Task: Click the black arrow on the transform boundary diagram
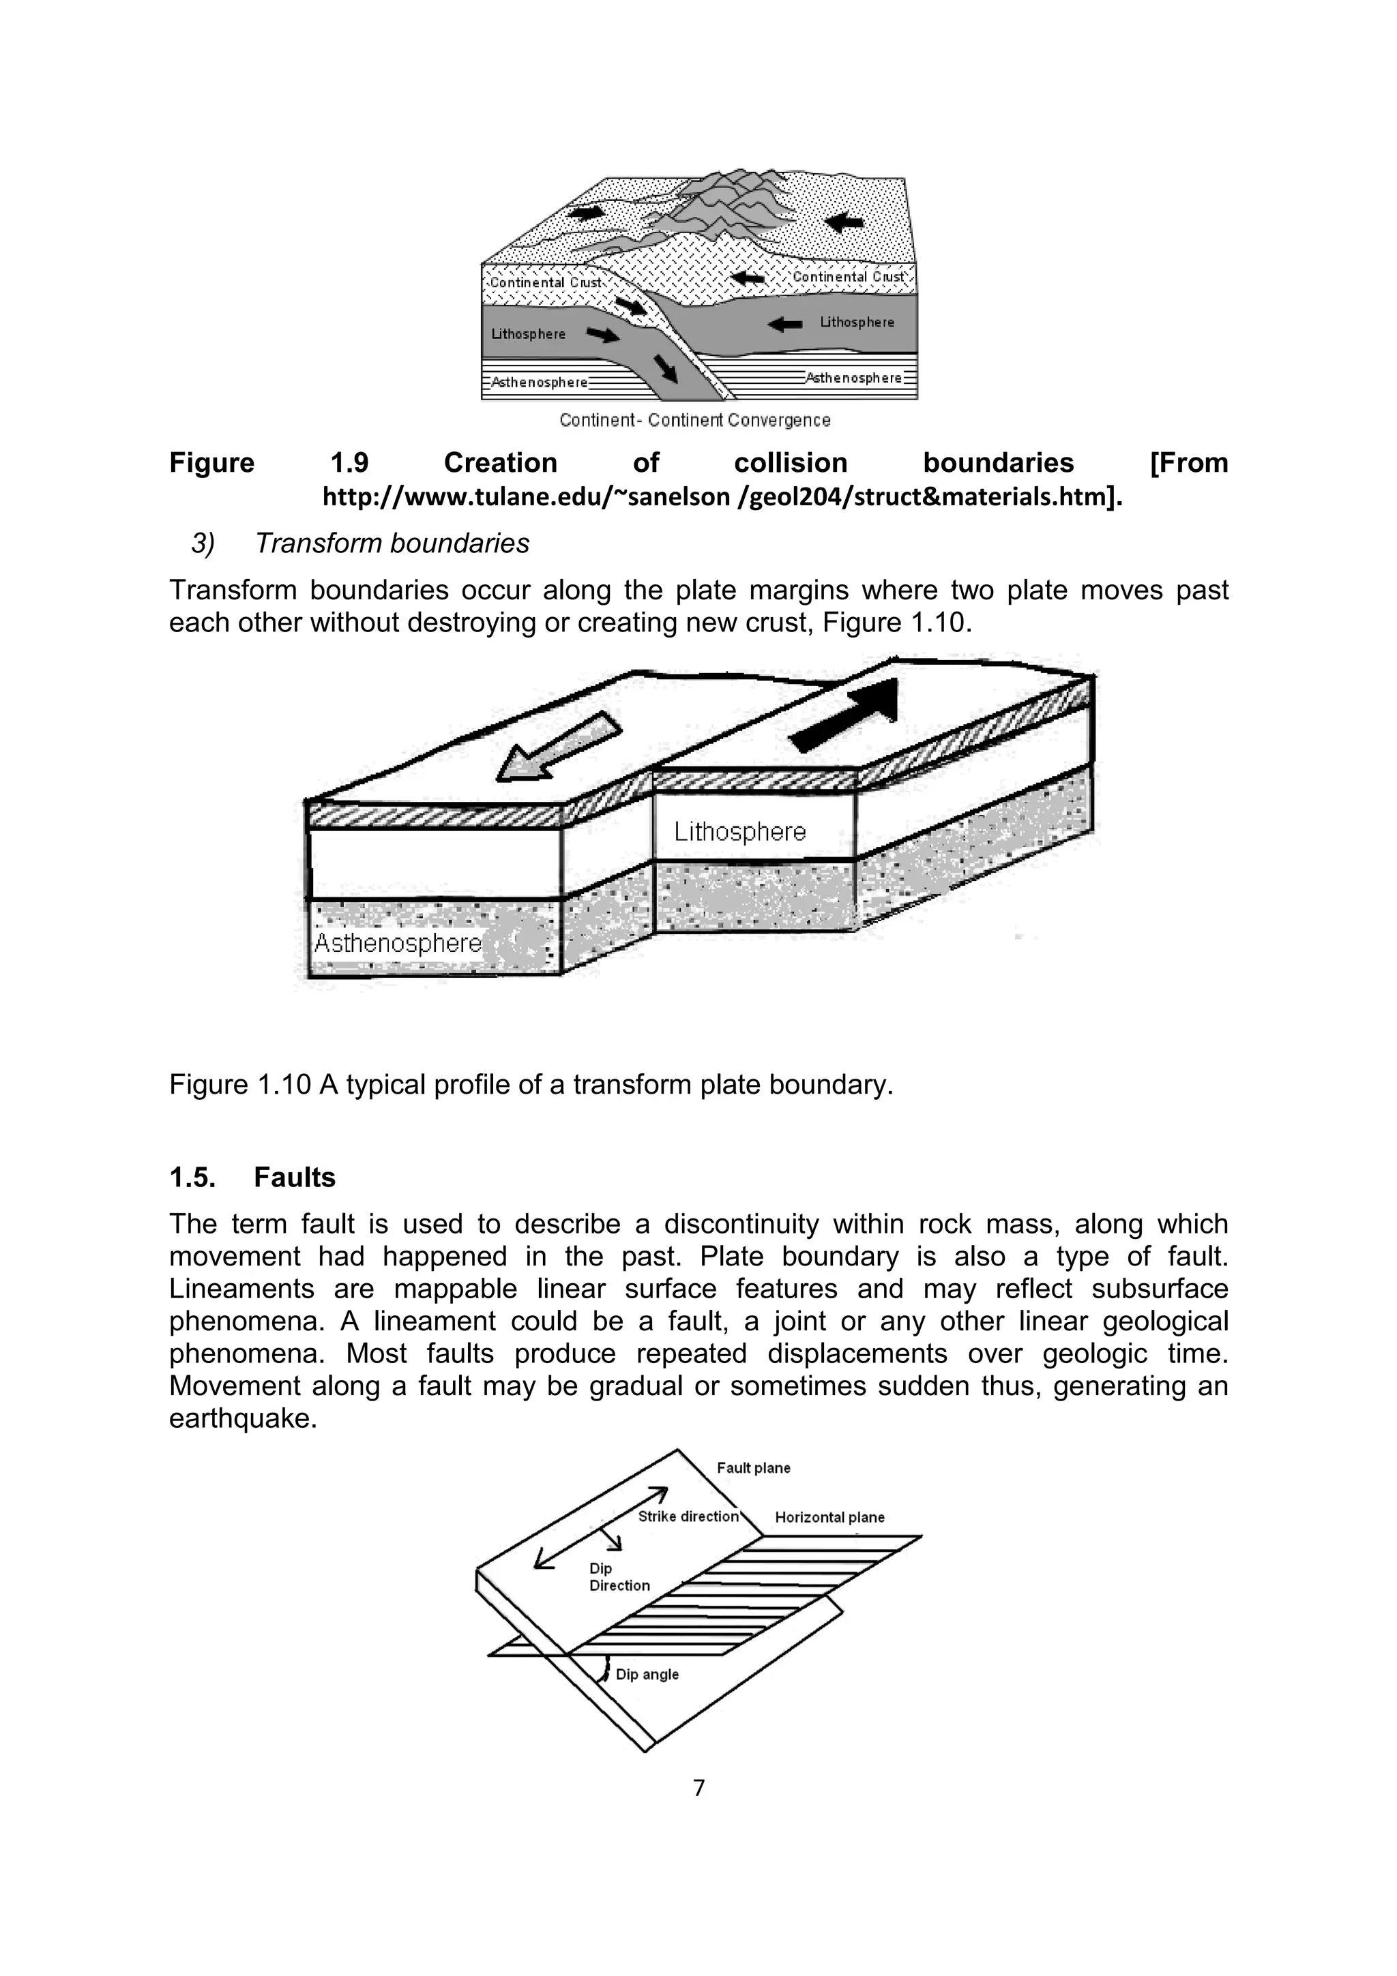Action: coord(847,717)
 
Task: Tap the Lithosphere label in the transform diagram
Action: coord(739,831)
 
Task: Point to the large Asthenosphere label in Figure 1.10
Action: coord(398,942)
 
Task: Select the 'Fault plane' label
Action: coord(753,1468)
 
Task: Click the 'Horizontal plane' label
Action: coord(829,1517)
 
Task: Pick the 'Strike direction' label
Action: coord(688,1516)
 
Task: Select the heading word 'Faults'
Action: coord(295,1178)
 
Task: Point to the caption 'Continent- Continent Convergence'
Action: coord(694,420)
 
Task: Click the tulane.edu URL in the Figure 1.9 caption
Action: coord(722,498)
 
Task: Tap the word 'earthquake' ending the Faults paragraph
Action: coord(243,1418)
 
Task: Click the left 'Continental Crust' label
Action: coord(545,282)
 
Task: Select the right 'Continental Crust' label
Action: coord(848,276)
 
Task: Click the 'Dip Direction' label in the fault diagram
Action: coord(619,1576)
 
